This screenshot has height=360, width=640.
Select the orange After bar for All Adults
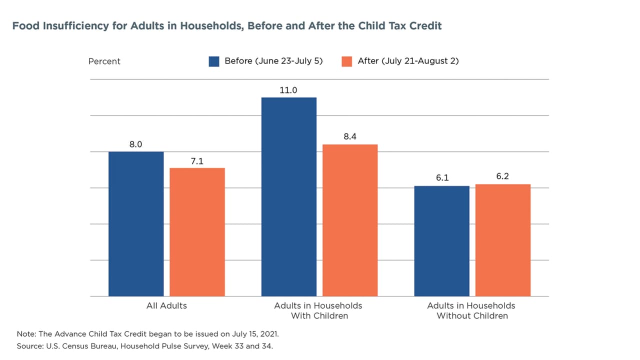click(197, 232)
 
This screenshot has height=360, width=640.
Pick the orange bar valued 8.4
click(350, 220)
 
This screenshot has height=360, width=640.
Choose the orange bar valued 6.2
click(503, 240)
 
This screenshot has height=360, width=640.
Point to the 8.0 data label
click(136, 144)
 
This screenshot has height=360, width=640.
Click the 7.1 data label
click(197, 161)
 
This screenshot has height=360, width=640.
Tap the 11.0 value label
click(289, 90)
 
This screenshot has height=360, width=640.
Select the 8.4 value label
click(350, 137)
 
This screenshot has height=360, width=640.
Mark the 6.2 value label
click(503, 177)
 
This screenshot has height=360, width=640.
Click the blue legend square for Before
click(214, 61)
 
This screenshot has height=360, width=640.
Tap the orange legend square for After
click(347, 61)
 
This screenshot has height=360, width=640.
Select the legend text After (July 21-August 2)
click(408, 61)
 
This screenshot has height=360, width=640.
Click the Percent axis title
click(104, 61)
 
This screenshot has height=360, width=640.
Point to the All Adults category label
click(166, 305)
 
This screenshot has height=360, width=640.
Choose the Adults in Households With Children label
click(318, 310)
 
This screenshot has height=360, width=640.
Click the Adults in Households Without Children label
click(471, 310)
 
